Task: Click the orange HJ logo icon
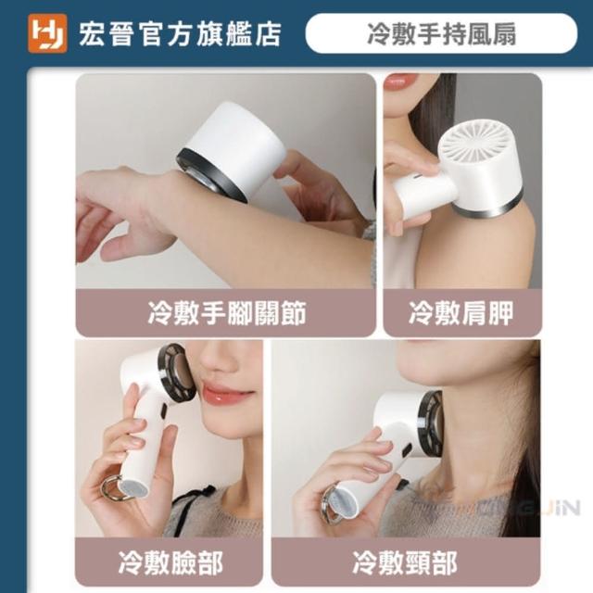tap(47, 33)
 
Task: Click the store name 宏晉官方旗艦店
tap(180, 34)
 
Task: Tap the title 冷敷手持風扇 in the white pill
tap(441, 34)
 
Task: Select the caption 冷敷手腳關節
tap(226, 313)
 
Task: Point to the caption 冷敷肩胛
tap(461, 313)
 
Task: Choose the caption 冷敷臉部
tap(170, 562)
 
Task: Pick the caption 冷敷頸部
tap(405, 562)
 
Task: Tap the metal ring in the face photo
tap(109, 488)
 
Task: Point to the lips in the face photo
tap(223, 394)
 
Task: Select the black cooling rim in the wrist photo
tap(212, 175)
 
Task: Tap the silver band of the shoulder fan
tap(492, 206)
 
